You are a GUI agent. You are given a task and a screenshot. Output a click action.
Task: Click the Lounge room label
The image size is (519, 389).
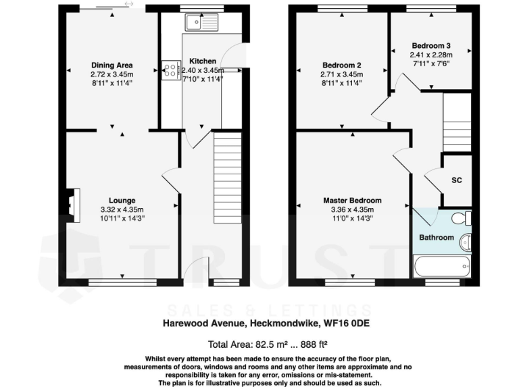coord(122,201)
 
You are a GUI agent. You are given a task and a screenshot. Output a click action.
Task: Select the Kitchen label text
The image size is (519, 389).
coord(202,60)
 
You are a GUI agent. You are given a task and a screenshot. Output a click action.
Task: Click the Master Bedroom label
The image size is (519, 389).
coord(351,201)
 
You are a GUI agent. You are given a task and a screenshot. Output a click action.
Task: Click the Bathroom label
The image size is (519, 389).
coord(436,238)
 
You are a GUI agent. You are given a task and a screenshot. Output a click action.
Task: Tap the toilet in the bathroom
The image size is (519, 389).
coord(462,217)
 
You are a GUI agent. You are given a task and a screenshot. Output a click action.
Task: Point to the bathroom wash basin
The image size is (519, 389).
coord(466,242)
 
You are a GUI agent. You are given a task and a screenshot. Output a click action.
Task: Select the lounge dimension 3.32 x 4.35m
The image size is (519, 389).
coord(122,209)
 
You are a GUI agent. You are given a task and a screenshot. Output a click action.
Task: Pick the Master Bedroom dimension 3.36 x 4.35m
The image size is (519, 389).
coord(351,209)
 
